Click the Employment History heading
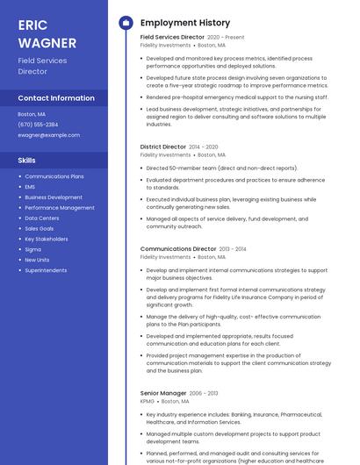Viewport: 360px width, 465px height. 185,22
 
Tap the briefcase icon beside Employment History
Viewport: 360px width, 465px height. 125,22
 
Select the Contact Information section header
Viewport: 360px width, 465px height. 56,98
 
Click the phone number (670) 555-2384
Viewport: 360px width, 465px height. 38,125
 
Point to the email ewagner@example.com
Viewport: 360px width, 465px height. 48,135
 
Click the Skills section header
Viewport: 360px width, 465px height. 26,161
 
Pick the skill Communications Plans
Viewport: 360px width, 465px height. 54,176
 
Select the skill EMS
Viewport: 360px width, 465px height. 30,187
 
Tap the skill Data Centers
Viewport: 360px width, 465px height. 42,218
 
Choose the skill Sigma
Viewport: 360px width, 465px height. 32,249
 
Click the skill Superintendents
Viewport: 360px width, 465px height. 46,270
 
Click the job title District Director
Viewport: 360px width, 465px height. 163,147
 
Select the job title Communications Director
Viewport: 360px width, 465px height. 178,249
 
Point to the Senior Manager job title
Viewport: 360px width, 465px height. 163,393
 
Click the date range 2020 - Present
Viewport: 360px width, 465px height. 226,39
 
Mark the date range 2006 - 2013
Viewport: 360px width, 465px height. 204,393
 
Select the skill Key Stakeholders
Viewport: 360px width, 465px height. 47,239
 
